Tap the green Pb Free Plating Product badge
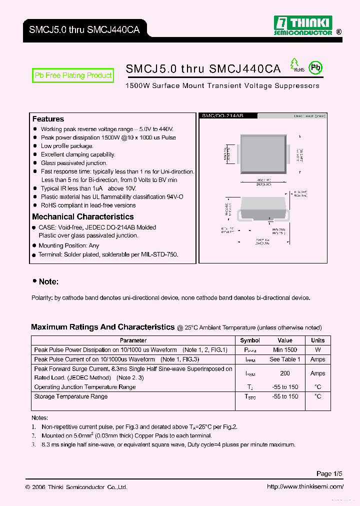(x=73, y=75)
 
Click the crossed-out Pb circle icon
(x=314, y=68)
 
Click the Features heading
(x=48, y=119)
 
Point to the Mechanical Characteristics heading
(x=83, y=216)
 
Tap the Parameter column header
(x=133, y=340)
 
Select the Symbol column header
(x=250, y=340)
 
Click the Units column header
(x=317, y=340)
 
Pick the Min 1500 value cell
(x=285, y=350)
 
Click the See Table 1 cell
(x=285, y=359)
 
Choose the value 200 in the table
(x=285, y=373)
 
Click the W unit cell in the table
(x=317, y=350)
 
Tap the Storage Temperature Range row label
(x=71, y=396)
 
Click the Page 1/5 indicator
(x=329, y=473)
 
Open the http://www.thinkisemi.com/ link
(x=304, y=487)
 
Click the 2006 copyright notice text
(x=76, y=487)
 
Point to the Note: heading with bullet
(x=46, y=282)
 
